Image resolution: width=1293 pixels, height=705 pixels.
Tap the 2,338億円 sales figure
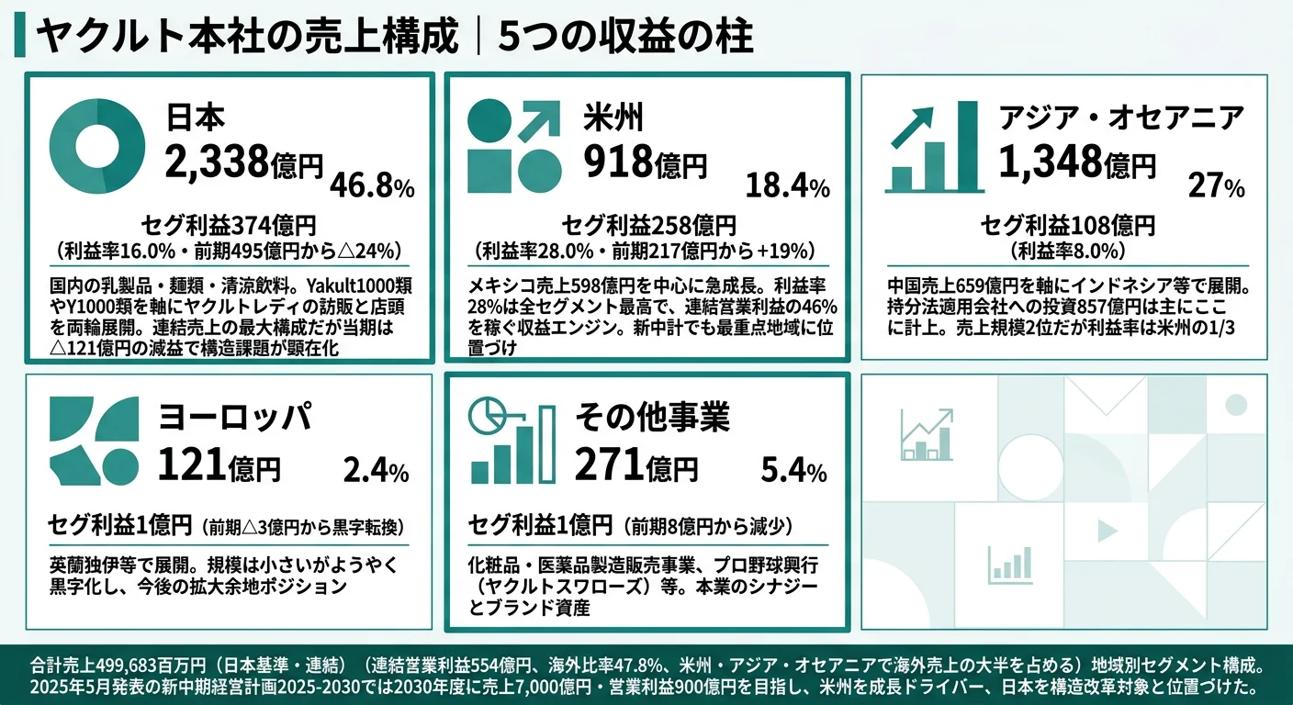tap(244, 162)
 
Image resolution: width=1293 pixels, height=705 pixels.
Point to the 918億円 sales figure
tap(646, 162)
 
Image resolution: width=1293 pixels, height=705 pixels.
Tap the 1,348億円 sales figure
tap(1076, 162)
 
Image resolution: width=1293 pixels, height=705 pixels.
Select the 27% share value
tap(1216, 187)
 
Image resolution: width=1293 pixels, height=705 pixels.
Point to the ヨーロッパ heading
tap(234, 418)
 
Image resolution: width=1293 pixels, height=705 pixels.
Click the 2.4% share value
tap(375, 472)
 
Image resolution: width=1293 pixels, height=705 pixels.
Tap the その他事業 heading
tap(652, 418)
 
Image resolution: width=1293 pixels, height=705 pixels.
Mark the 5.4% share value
tap(793, 472)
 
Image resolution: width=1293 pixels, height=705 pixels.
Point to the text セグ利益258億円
tap(648, 225)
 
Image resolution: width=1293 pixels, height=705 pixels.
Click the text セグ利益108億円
tap(1067, 225)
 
